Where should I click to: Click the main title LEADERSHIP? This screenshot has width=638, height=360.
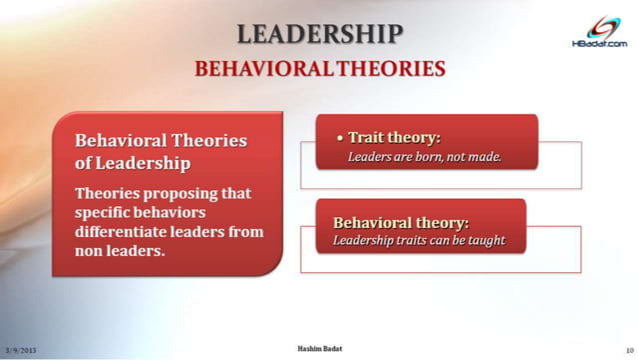pyautogui.click(x=319, y=33)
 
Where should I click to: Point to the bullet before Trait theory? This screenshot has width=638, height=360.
pyautogui.click(x=339, y=138)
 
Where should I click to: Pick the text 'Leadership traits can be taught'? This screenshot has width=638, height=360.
pyautogui.click(x=418, y=240)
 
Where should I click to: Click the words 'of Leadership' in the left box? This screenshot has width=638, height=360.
pyautogui.click(x=133, y=163)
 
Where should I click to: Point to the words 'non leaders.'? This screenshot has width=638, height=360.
pyautogui.click(x=120, y=251)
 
